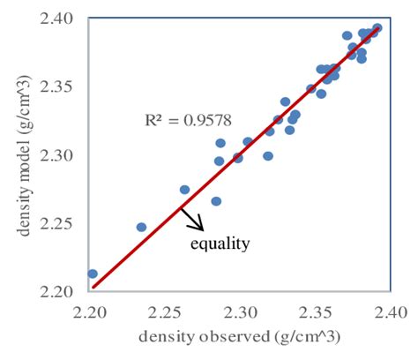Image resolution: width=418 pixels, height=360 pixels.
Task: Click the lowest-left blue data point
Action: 93,274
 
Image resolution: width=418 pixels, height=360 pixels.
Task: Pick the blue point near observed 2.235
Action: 141,227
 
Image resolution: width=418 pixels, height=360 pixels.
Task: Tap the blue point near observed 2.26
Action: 184,190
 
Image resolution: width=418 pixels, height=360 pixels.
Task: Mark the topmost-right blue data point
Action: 377,28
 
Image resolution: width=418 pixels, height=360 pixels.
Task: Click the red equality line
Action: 265,132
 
